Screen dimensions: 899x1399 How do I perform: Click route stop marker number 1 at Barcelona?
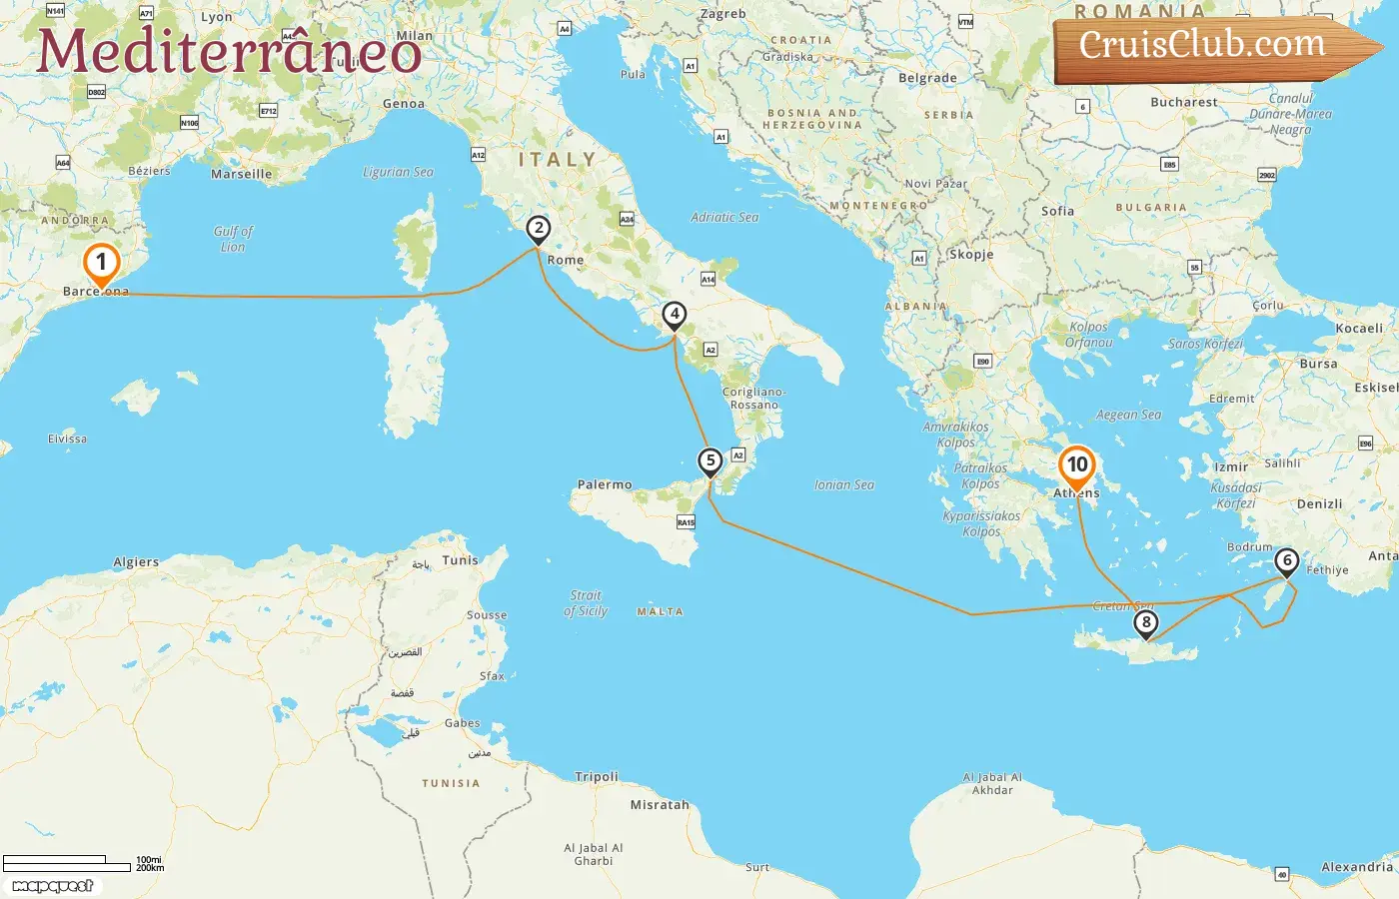(101, 264)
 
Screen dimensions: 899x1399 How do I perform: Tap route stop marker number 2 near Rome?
(539, 229)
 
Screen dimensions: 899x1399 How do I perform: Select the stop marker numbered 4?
(675, 315)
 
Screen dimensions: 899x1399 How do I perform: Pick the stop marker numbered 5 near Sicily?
(709, 461)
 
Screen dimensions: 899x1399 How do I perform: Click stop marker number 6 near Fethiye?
(1287, 561)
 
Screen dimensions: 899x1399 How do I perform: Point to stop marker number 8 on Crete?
(1145, 623)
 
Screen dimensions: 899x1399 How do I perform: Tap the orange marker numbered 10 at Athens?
(1077, 465)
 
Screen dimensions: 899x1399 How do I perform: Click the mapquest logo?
(53, 886)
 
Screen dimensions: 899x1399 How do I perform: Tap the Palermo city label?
(605, 484)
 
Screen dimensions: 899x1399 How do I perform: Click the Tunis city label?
(461, 560)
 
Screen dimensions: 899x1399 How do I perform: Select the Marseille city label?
(241, 174)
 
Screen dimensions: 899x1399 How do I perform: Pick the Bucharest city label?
(1184, 102)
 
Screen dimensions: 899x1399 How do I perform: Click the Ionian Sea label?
(843, 485)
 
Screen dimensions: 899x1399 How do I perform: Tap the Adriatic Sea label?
(724, 217)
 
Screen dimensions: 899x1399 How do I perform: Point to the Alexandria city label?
(1356, 867)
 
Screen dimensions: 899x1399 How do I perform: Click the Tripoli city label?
(597, 777)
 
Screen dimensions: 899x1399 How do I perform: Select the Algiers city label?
(136, 562)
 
